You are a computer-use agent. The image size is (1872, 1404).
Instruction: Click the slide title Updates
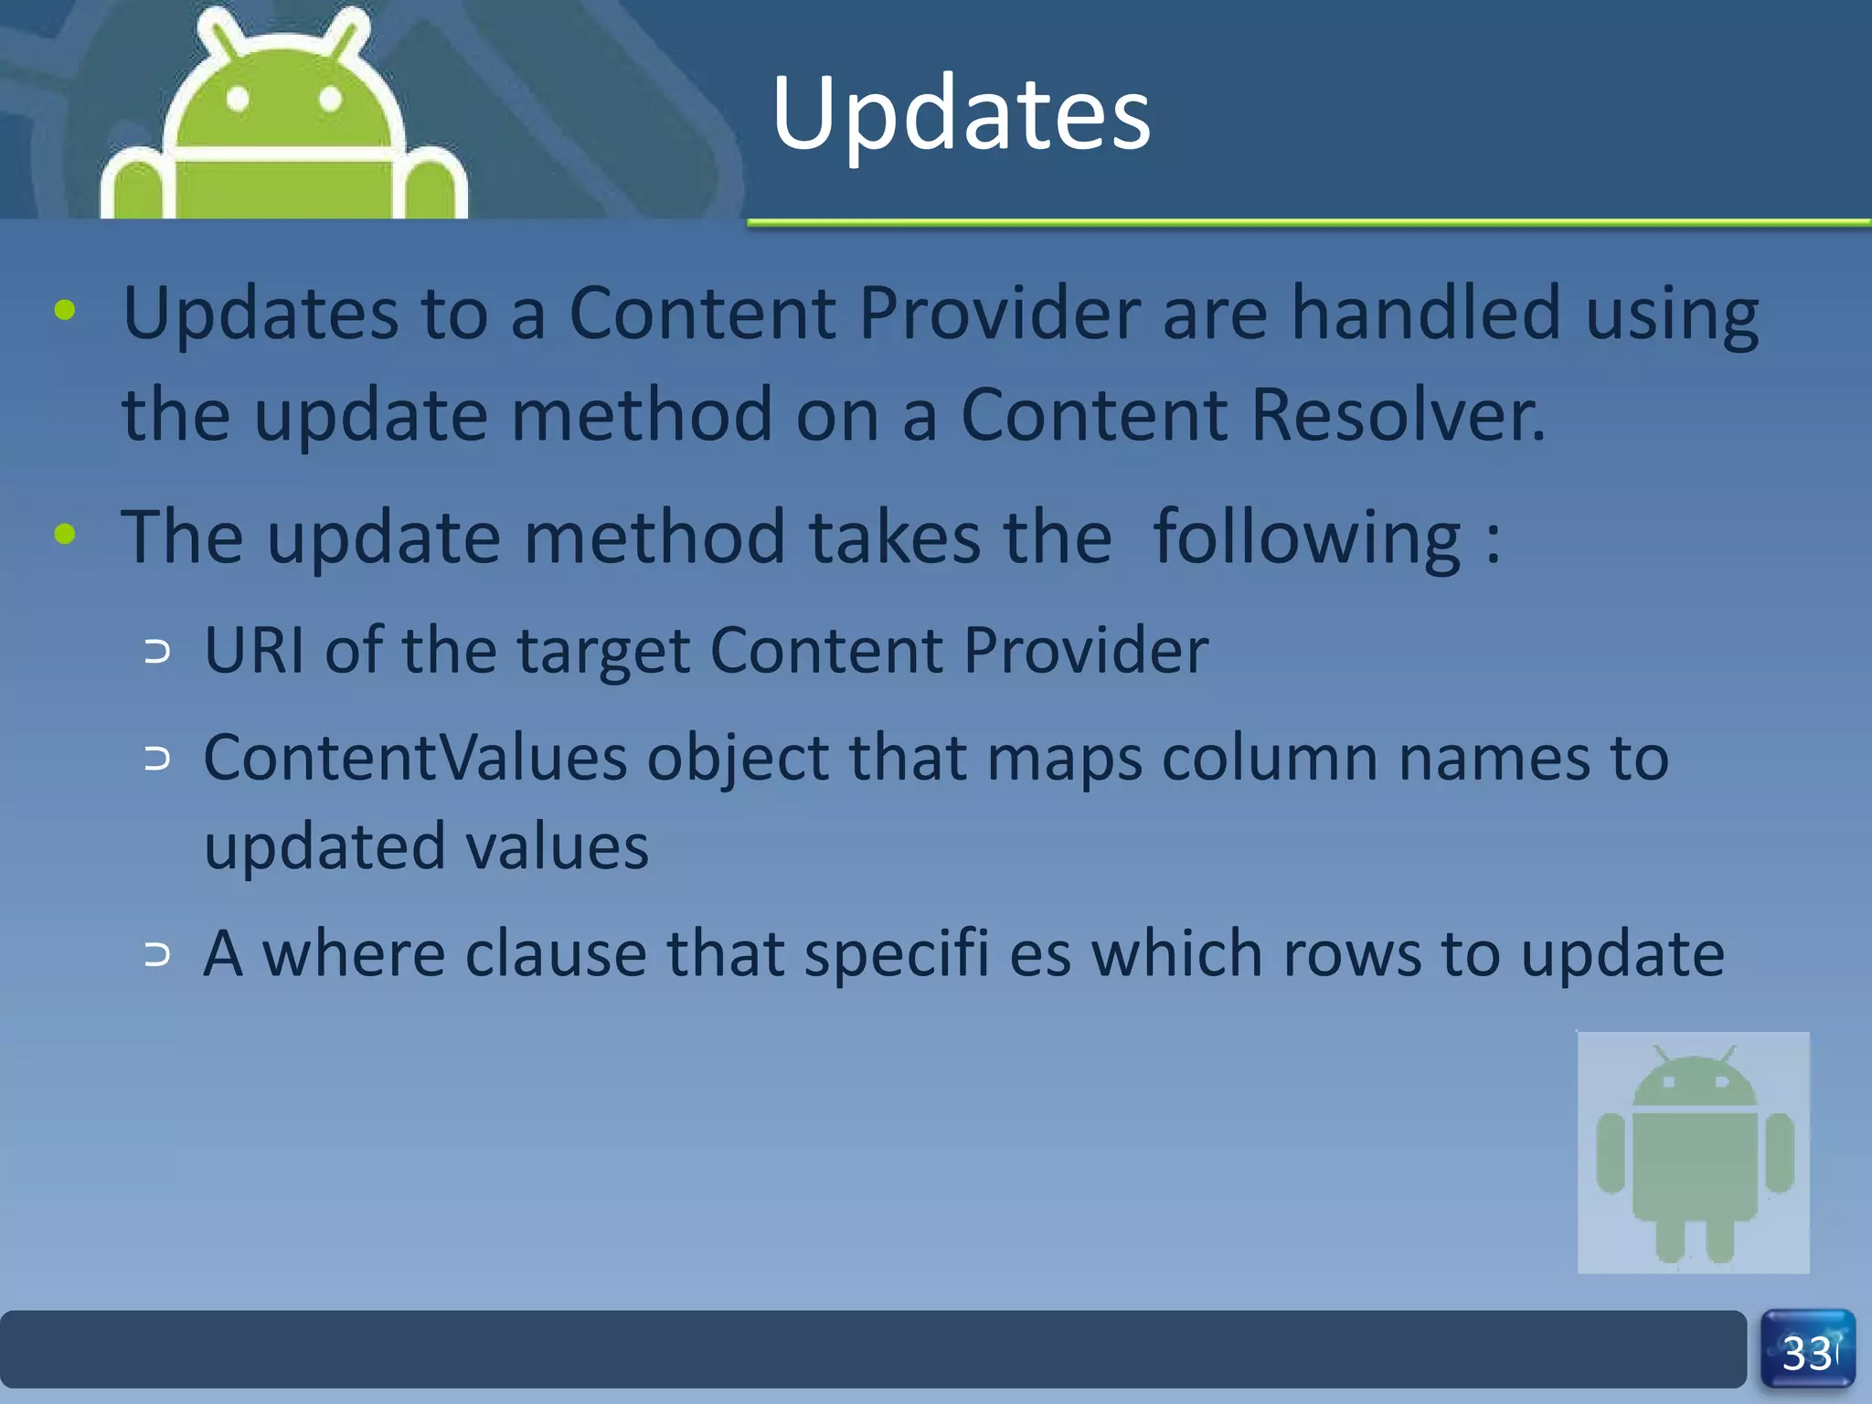[x=960, y=114]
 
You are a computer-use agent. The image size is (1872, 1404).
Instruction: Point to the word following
[x=1307, y=537]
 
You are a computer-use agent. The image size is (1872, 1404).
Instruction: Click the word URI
[x=254, y=650]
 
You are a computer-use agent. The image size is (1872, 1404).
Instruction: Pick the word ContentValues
[x=416, y=758]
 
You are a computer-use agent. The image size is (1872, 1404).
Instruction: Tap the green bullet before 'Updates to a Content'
[x=65, y=310]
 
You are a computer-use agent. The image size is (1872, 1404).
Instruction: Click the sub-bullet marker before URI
[x=157, y=652]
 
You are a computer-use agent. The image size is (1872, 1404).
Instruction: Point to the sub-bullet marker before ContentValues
[x=157, y=759]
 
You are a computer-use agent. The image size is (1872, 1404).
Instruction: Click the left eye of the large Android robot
[x=238, y=99]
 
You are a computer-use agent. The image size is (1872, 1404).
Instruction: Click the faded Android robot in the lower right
[x=1694, y=1152]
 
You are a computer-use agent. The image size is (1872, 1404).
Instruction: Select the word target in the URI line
[x=603, y=652]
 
